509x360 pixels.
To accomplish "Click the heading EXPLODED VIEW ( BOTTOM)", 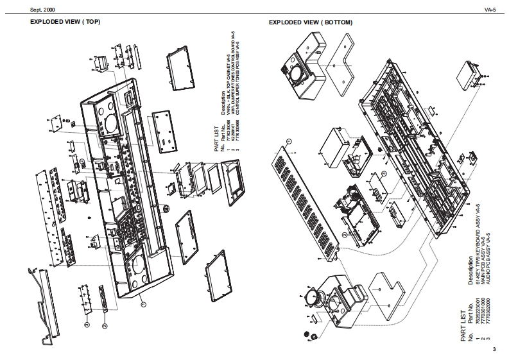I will pos(310,22).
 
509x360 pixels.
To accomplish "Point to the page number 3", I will pos(494,349).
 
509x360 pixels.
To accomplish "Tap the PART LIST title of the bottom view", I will pos(464,325).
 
